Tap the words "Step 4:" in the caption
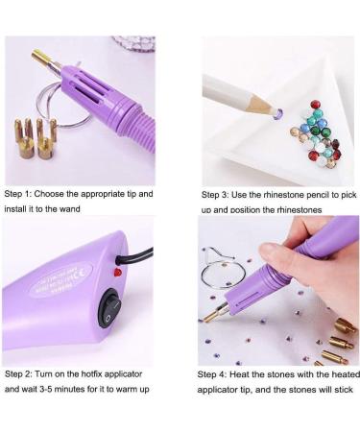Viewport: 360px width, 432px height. [x=217, y=374]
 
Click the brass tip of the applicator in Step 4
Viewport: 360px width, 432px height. [x=214, y=315]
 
